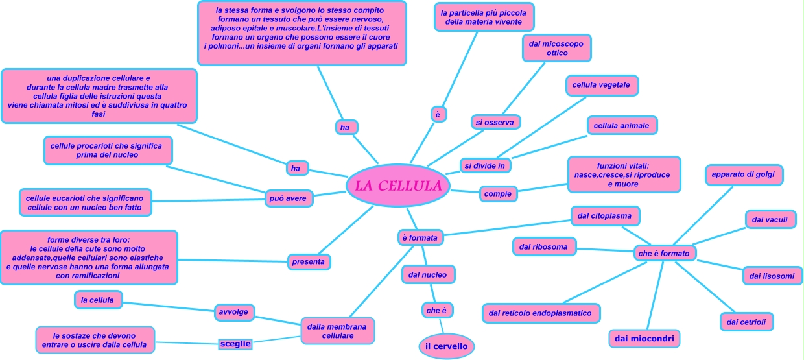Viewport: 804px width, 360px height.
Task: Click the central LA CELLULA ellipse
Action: tap(397, 186)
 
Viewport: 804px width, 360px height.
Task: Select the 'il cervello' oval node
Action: tap(446, 346)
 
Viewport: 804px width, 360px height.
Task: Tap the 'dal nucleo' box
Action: tap(427, 274)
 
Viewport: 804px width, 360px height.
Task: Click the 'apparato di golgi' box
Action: tap(744, 174)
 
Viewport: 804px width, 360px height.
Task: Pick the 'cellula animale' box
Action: tap(622, 125)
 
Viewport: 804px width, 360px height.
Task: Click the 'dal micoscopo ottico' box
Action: tap(556, 48)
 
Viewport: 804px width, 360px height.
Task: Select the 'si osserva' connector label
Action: tap(497, 121)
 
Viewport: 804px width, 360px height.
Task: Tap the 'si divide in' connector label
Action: tap(485, 165)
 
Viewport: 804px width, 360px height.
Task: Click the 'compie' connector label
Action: tap(497, 193)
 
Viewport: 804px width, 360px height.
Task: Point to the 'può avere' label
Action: tap(289, 198)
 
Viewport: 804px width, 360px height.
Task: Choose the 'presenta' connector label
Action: tap(309, 261)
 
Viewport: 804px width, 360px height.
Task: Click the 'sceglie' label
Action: tap(234, 343)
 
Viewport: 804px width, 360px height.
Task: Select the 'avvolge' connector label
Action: tap(234, 311)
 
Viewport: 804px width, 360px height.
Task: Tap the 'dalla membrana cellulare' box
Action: tap(337, 331)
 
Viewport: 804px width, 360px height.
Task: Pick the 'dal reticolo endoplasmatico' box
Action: tap(540, 313)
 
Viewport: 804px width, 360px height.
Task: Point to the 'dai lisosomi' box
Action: tap(772, 276)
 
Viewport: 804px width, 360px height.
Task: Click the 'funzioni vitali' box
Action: tap(623, 174)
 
